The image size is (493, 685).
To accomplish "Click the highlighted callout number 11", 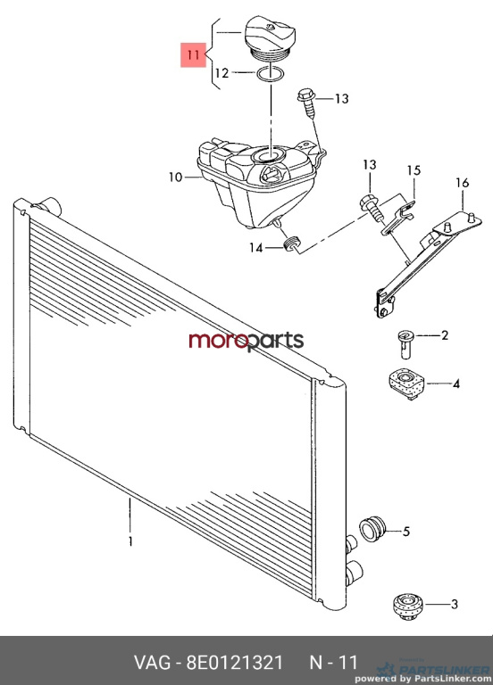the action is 193,55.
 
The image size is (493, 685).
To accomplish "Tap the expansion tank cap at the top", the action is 270,38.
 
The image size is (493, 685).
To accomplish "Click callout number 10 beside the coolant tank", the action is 175,177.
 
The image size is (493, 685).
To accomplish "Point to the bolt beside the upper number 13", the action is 308,103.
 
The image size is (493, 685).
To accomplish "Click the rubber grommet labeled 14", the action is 291,244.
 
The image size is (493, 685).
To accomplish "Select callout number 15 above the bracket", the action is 414,170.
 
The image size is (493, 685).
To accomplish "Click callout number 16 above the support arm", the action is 462,183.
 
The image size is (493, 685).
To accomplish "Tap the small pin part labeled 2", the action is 405,344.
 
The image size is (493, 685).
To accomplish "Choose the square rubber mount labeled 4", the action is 406,384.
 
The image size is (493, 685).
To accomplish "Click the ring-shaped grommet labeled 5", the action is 372,528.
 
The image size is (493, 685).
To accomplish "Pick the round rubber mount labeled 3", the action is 406,606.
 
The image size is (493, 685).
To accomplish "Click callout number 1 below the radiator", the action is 130,541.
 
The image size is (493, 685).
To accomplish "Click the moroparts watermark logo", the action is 246,341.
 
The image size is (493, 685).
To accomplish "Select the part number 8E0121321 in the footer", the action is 235,663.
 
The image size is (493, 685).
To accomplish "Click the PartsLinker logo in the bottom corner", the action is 432,672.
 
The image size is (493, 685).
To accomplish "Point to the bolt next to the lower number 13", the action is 372,209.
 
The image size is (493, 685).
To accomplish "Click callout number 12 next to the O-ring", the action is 221,73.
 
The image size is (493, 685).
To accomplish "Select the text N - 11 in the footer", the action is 334,663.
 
